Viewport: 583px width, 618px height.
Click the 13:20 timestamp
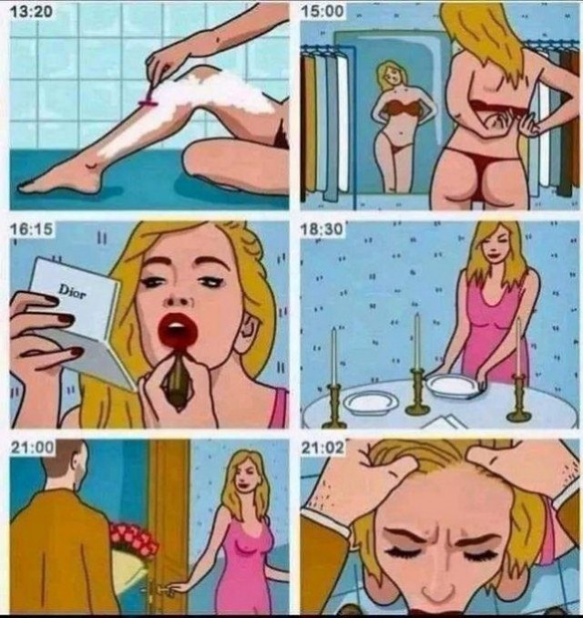coord(31,11)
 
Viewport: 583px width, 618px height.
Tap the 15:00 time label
coord(322,11)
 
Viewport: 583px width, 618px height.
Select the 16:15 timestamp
coord(31,229)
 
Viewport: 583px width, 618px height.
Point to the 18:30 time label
coord(322,229)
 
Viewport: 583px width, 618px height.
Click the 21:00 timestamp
coord(32,447)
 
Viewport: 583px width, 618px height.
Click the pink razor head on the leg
coord(148,104)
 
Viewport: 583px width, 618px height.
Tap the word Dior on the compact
coord(72,292)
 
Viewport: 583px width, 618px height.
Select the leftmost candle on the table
coord(333,356)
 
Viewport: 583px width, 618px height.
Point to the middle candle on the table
coord(417,341)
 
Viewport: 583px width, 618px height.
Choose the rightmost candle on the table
coord(518,347)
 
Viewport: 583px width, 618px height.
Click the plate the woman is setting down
coord(453,386)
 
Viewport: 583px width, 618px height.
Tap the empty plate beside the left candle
coord(370,403)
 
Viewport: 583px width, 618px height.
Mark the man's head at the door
coord(64,465)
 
